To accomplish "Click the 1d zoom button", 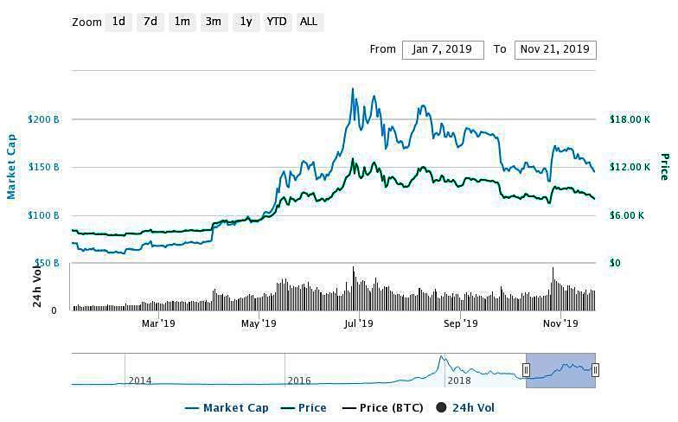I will point(119,22).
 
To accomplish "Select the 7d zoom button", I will point(150,22).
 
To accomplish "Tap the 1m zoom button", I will point(182,22).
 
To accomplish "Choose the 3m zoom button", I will point(213,22).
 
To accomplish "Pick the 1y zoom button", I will point(246,22).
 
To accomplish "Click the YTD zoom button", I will point(277,22).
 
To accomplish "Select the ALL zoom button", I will point(308,22).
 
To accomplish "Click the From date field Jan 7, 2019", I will point(443,49).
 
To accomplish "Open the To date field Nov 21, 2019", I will point(555,49).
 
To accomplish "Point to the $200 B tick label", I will point(44,118).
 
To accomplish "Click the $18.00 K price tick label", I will point(629,118).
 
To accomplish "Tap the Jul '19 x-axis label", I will point(358,323).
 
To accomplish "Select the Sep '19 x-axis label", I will point(460,323).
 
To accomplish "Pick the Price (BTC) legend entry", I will point(381,407).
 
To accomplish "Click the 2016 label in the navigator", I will point(299,380).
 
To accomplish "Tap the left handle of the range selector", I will point(526,370).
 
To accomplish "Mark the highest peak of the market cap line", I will point(353,88).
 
